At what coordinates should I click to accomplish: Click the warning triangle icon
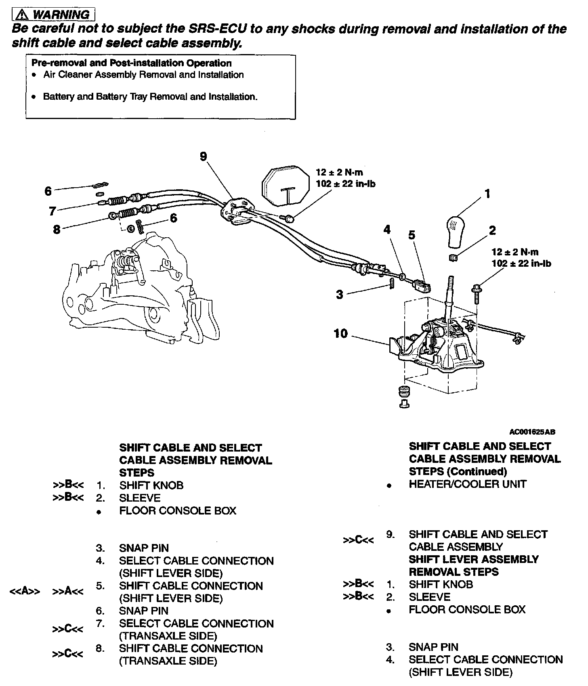coord(23,15)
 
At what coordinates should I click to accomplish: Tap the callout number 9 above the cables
coord(204,157)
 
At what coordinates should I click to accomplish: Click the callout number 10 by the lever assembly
coord(340,334)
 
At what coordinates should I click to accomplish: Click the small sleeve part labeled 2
coord(452,257)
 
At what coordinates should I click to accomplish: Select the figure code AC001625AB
coord(532,432)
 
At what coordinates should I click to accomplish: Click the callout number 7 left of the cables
coord(52,211)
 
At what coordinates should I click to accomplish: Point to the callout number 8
coord(57,230)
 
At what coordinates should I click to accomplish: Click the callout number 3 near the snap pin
coord(340,295)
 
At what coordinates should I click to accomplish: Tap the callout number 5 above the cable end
coord(412,235)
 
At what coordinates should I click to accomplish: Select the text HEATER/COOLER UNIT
coord(468,484)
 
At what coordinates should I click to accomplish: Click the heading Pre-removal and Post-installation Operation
coord(132,63)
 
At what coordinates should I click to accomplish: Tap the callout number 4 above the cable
coord(387,230)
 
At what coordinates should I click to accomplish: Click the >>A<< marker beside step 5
coord(68,592)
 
